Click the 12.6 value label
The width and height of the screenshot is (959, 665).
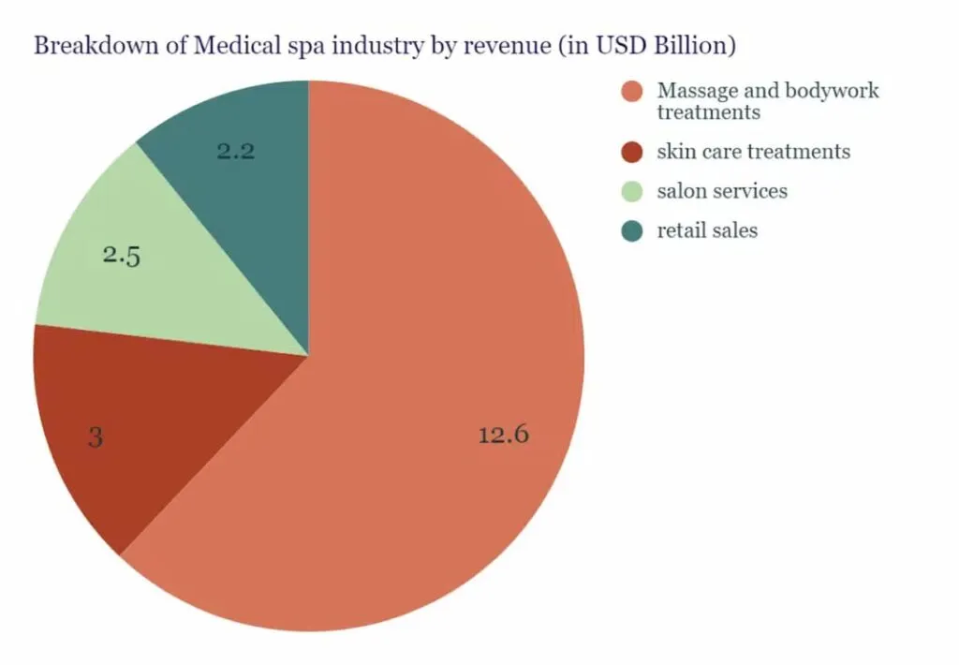pyautogui.click(x=504, y=435)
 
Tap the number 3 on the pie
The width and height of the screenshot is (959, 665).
pyautogui.click(x=95, y=437)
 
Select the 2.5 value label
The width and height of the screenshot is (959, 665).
pyautogui.click(x=122, y=256)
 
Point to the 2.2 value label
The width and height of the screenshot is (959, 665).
pyautogui.click(x=236, y=151)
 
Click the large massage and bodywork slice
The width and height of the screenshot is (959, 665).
pyautogui.click(x=421, y=375)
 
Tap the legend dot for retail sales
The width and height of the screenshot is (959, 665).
pyautogui.click(x=632, y=230)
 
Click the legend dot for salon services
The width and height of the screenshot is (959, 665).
pyautogui.click(x=632, y=191)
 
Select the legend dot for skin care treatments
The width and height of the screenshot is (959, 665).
pyautogui.click(x=632, y=152)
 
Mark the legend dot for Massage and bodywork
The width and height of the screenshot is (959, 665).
pyautogui.click(x=632, y=92)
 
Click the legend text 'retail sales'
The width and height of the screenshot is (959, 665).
pyautogui.click(x=707, y=230)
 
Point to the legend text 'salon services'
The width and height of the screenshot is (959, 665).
pyautogui.click(x=722, y=191)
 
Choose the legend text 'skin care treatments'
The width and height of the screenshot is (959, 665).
pyautogui.click(x=754, y=152)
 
